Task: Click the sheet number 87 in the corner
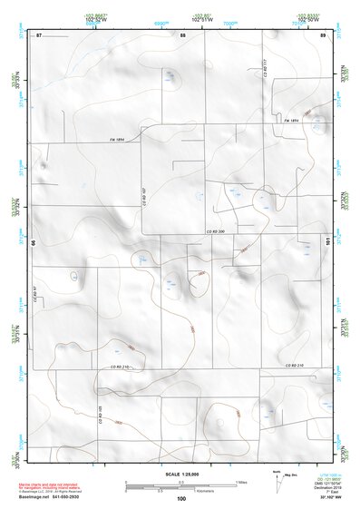[39, 34]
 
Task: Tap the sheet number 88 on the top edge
[182, 34]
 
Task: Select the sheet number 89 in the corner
[323, 34]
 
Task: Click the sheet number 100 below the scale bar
[181, 499]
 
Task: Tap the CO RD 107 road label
[144, 194]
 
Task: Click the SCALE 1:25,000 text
[181, 475]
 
